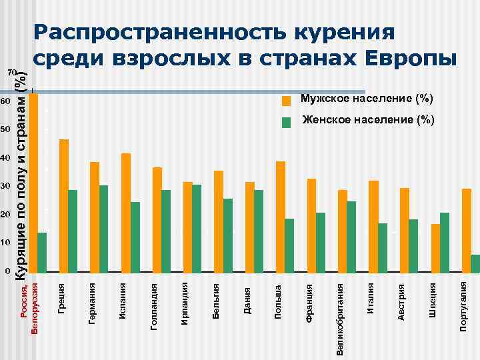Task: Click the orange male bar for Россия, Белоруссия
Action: click(x=33, y=183)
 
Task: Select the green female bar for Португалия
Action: click(x=475, y=264)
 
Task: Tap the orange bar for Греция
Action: click(x=64, y=206)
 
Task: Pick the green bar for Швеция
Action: click(x=445, y=243)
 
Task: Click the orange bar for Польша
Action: click(x=281, y=217)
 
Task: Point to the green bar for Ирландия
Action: click(x=197, y=229)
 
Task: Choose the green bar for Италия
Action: click(x=383, y=248)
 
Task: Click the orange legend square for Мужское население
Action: click(x=286, y=101)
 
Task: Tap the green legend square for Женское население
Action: click(x=286, y=122)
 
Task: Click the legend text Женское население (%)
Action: click(x=368, y=121)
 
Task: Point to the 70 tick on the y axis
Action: click(x=10, y=72)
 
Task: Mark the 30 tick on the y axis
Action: click(x=5, y=186)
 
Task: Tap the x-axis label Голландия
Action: click(x=155, y=304)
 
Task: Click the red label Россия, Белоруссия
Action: click(x=31, y=308)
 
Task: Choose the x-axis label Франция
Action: click(x=310, y=303)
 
